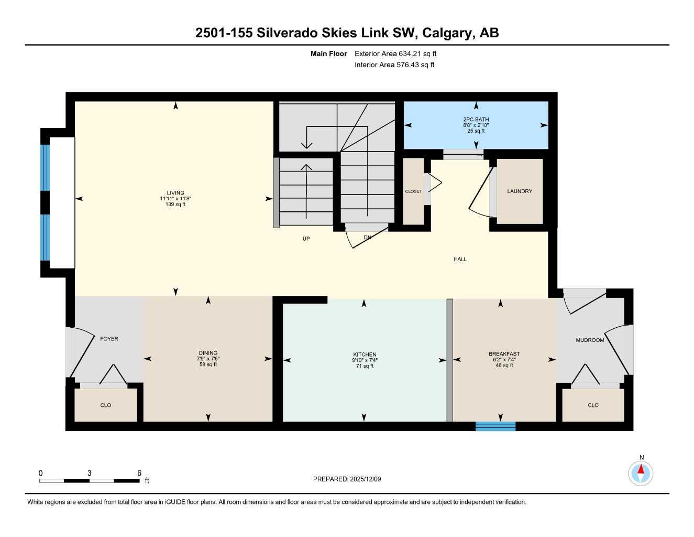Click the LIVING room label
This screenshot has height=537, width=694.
pyautogui.click(x=175, y=193)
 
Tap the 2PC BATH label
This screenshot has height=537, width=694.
pyautogui.click(x=476, y=120)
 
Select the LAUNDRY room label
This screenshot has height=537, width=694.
pyautogui.click(x=519, y=191)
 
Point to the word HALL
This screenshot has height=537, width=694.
pyautogui.click(x=460, y=259)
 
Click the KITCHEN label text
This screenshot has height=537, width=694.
pyautogui.click(x=365, y=355)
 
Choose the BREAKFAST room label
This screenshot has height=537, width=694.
pyautogui.click(x=504, y=354)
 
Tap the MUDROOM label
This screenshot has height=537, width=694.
pyautogui.click(x=590, y=340)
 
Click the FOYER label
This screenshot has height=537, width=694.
pyautogui.click(x=109, y=339)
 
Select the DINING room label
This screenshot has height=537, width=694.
pyautogui.click(x=208, y=353)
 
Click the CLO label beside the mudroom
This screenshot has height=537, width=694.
pyautogui.click(x=593, y=405)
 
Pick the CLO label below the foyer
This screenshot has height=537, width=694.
pyautogui.click(x=106, y=405)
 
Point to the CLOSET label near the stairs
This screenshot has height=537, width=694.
pyautogui.click(x=413, y=191)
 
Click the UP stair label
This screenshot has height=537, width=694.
pyautogui.click(x=306, y=239)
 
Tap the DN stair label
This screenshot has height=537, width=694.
pyautogui.click(x=368, y=238)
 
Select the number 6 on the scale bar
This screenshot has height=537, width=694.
pyautogui.click(x=139, y=473)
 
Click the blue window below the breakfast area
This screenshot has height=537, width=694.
pyautogui.click(x=495, y=426)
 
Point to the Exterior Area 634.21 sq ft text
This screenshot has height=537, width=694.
pyautogui.click(x=395, y=53)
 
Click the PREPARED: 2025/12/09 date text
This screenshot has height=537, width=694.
pyautogui.click(x=347, y=479)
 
